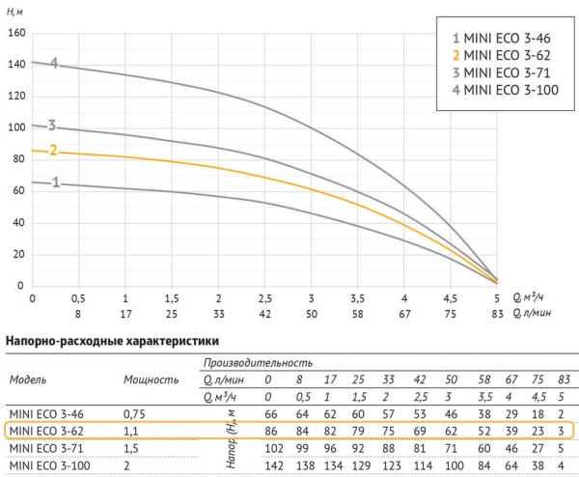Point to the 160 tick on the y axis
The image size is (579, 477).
[x=14, y=32]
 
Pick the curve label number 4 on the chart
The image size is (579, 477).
[x=55, y=64]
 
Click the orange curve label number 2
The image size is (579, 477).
[x=54, y=151]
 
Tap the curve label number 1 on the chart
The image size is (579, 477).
[x=56, y=182]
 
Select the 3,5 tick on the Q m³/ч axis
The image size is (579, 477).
[x=358, y=298]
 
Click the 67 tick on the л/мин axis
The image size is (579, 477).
[x=403, y=313]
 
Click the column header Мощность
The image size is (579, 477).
[x=152, y=379]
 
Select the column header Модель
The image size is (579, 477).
[x=34, y=379]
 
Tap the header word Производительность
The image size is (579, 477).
[x=258, y=361]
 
